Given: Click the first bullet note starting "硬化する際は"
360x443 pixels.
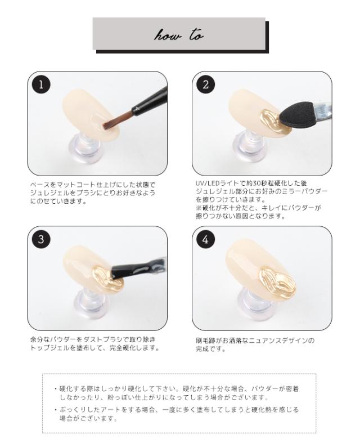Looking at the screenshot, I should tap(180, 392).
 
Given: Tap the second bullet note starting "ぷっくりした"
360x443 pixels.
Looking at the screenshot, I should tap(180, 414).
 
